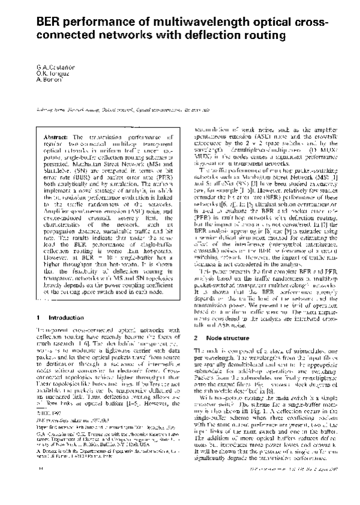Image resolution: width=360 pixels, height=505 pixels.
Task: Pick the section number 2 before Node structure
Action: coord(187,355)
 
